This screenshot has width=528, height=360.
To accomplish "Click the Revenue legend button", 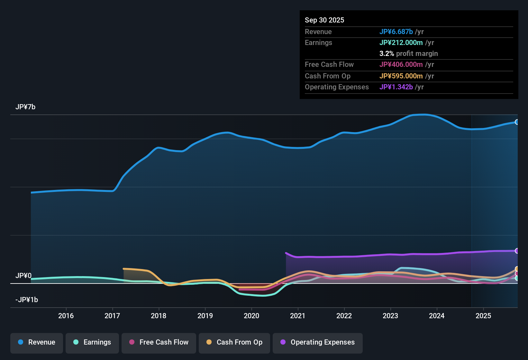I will [37, 343].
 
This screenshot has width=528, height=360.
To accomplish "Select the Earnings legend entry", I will [92, 343].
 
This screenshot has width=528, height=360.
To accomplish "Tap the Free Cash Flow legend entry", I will [159, 343].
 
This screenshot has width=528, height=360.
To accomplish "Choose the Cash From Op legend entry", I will [234, 343].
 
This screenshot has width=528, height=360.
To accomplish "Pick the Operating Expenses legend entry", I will [318, 343].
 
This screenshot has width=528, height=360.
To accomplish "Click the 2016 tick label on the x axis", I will [66, 316].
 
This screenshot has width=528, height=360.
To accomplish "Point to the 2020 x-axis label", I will [251, 316].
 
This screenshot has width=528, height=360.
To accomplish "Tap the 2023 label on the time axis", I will [390, 316].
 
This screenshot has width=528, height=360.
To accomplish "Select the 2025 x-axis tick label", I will [483, 316].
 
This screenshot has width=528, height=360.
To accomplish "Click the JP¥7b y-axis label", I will [25, 107].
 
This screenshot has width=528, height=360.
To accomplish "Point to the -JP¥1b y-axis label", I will [27, 300].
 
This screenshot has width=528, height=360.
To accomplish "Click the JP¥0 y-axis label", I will [23, 276].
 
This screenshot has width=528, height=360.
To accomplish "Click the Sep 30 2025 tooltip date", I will [324, 20].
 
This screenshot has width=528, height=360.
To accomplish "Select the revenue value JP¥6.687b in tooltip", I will [396, 32].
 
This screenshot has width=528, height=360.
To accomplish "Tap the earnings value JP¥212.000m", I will [401, 43].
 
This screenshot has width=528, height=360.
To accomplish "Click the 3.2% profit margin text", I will [408, 54].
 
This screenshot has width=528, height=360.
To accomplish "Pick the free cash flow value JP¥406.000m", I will [401, 65].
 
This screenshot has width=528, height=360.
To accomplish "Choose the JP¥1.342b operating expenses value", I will [396, 87].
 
